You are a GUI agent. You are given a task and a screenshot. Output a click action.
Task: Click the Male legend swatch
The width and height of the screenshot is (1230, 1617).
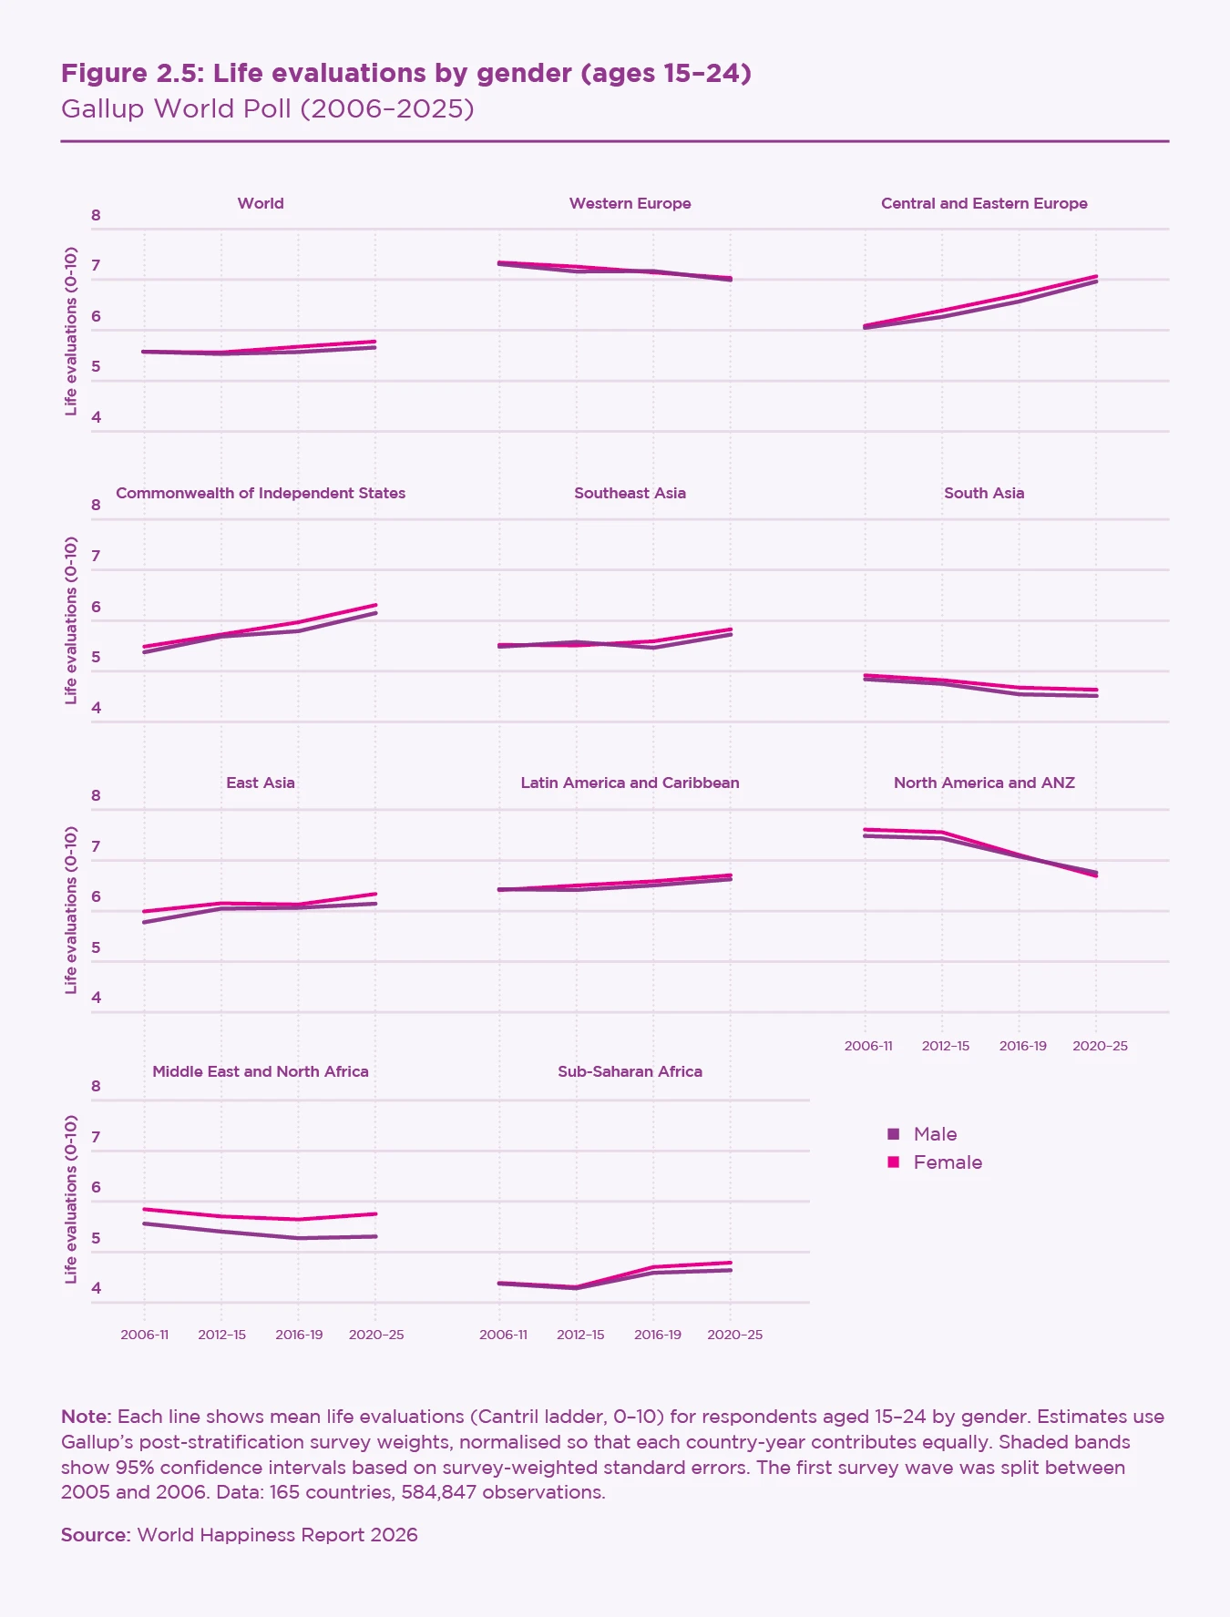(x=893, y=1134)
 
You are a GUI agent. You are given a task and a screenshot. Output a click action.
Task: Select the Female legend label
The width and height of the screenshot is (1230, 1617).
(x=948, y=1162)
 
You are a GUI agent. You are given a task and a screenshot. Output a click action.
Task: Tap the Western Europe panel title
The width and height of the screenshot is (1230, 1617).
(x=630, y=203)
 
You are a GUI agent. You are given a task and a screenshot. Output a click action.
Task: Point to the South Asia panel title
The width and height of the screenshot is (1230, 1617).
(x=984, y=493)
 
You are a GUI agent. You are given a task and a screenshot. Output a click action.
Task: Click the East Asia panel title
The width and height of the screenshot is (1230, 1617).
(x=261, y=783)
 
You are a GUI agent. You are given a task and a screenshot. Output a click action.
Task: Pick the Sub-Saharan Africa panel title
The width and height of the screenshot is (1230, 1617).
(x=630, y=1071)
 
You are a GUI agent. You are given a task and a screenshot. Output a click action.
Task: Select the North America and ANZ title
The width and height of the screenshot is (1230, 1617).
(x=984, y=783)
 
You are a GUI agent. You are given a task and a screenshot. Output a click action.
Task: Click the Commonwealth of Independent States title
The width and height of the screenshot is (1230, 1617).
(x=261, y=493)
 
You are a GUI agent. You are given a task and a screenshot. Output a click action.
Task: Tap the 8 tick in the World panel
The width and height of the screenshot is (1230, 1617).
(x=96, y=216)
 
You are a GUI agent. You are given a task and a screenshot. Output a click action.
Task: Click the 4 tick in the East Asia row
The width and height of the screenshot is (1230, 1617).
(x=96, y=998)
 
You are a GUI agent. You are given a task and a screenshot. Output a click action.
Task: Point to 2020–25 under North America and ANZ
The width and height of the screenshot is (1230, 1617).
(x=1100, y=1046)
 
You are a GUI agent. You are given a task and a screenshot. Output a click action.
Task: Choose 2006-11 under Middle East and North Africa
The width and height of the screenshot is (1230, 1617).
(x=145, y=1335)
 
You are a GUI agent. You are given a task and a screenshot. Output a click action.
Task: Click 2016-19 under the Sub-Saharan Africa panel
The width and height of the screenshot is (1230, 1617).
(x=657, y=1335)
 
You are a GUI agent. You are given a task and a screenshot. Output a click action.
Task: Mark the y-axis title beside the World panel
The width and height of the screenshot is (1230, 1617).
(x=71, y=331)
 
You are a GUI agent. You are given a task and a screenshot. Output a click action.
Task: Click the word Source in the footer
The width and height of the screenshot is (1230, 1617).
(x=96, y=1535)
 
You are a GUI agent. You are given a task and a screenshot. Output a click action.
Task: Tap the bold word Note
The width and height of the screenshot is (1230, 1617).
(x=87, y=1417)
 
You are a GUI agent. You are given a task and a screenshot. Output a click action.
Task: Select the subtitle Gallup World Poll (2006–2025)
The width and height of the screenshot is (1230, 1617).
(x=267, y=108)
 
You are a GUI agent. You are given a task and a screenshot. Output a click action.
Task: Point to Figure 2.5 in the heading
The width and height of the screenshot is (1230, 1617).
(x=130, y=73)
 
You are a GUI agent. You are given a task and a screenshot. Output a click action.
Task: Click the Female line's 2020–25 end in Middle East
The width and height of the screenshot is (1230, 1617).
(x=375, y=1213)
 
